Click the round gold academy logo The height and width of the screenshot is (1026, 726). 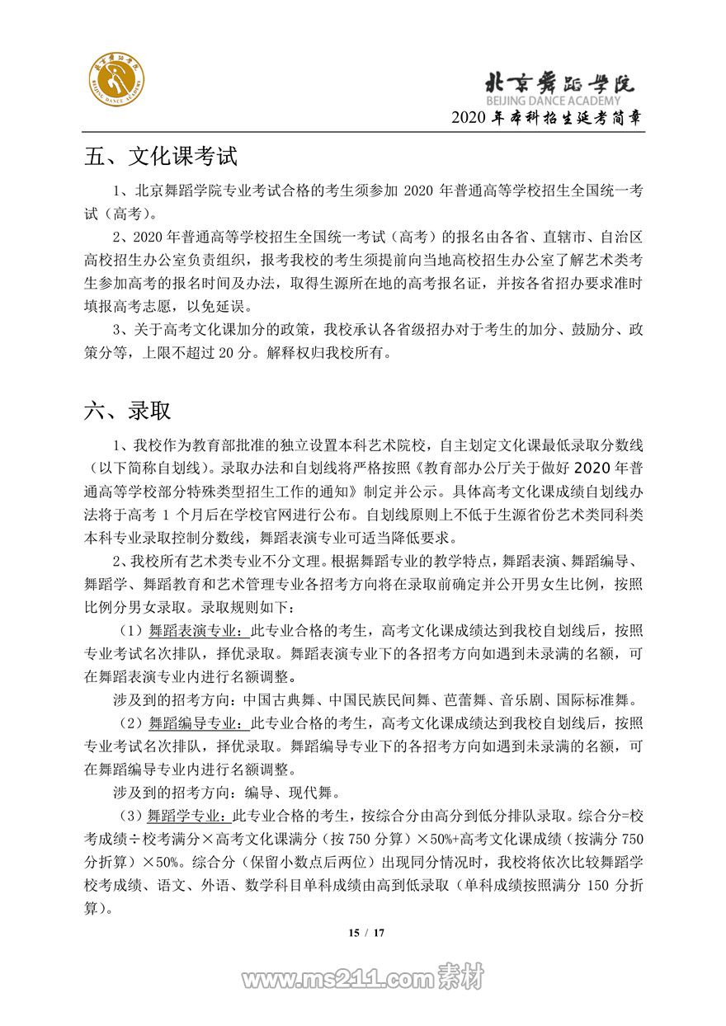point(116,82)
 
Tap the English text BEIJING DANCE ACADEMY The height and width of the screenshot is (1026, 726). point(553,100)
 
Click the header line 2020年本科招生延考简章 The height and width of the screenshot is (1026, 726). point(547,118)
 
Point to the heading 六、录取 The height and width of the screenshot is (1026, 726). point(127,410)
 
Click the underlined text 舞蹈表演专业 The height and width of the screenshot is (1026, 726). point(195,631)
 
